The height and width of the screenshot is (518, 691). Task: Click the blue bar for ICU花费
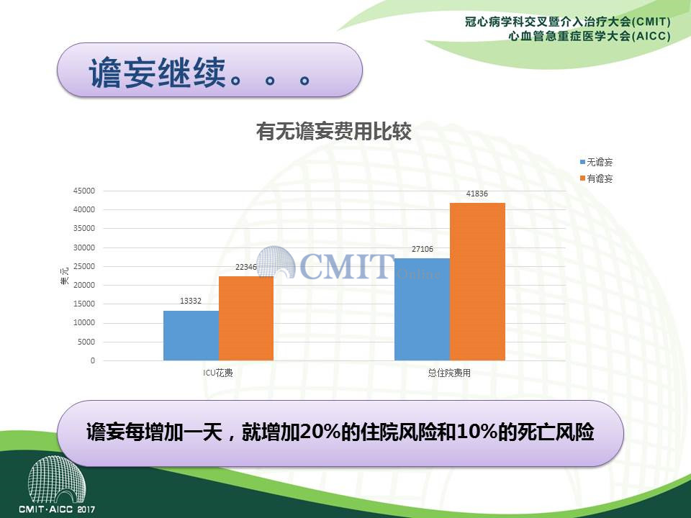point(191,336)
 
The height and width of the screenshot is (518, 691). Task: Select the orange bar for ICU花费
point(246,319)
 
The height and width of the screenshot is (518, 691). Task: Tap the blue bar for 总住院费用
point(423,309)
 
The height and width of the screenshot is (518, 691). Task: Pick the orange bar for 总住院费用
point(477,282)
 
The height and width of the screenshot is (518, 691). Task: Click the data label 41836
point(477,194)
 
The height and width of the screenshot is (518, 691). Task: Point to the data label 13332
point(190,301)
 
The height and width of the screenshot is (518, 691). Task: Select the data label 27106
point(423,249)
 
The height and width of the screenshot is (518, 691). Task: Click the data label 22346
point(246,267)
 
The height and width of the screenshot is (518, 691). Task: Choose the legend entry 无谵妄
point(596,162)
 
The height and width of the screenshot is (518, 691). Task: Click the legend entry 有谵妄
point(596,178)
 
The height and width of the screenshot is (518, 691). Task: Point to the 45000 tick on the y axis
point(84,191)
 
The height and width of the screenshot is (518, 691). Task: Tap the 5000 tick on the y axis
point(86,342)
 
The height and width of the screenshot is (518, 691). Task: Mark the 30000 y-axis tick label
point(84,247)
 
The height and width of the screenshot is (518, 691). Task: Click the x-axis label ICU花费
point(217,373)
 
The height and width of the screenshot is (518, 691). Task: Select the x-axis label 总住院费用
point(449,373)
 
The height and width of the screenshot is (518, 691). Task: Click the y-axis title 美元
point(64,276)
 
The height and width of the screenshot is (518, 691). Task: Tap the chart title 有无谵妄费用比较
point(334,131)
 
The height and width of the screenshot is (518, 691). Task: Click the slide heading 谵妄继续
point(158,72)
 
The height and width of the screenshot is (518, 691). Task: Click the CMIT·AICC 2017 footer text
point(57,509)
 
